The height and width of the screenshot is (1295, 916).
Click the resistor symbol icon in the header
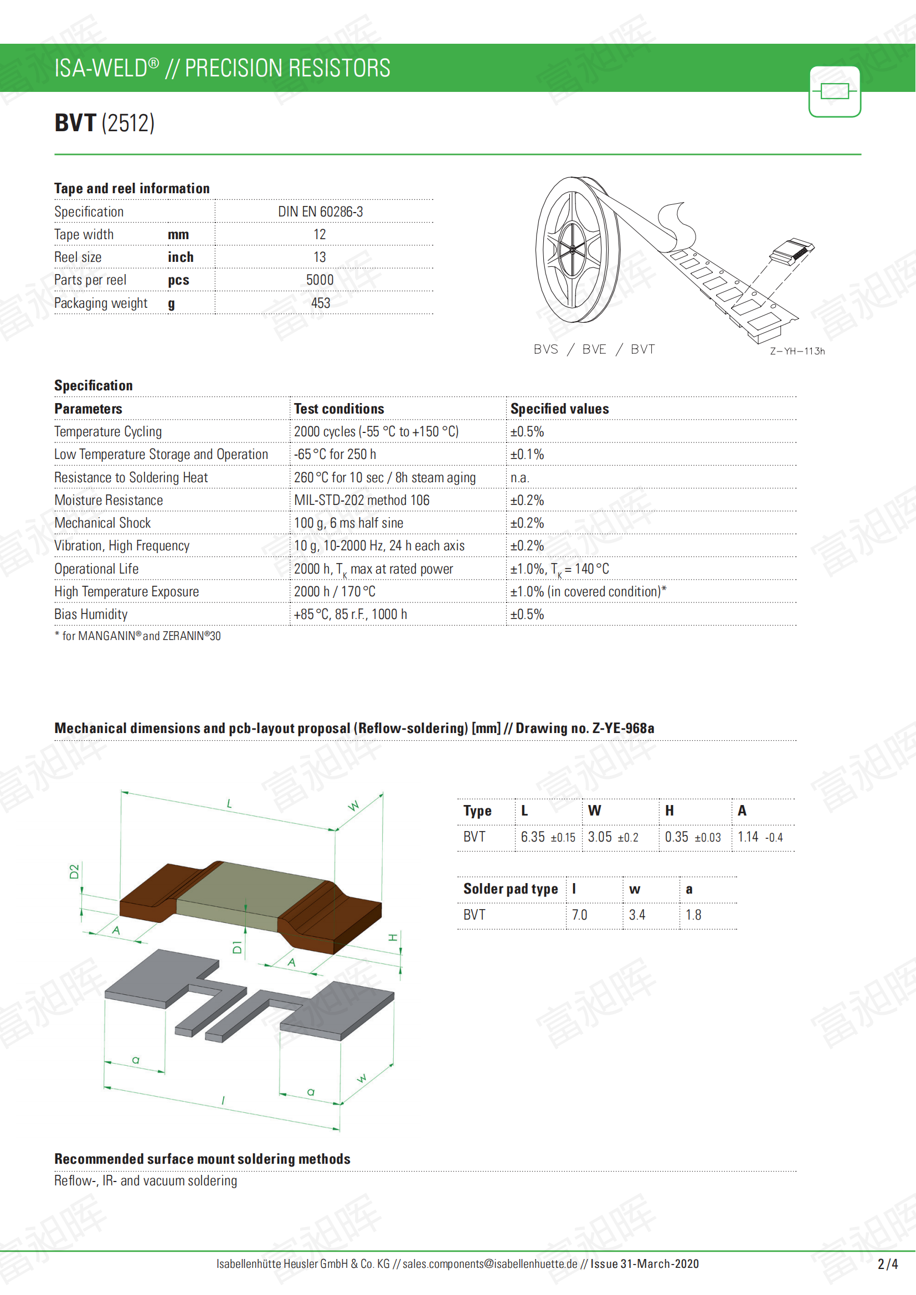click(x=834, y=91)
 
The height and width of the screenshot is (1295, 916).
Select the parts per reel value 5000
click(x=320, y=280)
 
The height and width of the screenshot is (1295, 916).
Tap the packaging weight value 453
click(x=320, y=303)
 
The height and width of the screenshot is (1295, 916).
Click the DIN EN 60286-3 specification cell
click(x=320, y=211)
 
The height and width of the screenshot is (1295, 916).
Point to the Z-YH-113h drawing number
click(x=797, y=351)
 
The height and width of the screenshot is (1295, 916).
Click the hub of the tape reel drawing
click(x=572, y=249)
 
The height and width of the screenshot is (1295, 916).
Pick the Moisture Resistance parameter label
click(x=109, y=501)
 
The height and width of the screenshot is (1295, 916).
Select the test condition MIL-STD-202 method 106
click(x=362, y=501)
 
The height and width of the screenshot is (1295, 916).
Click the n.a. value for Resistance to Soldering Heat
click(x=519, y=478)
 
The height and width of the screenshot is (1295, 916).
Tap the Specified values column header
click(x=559, y=409)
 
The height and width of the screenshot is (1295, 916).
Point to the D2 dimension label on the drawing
click(x=74, y=871)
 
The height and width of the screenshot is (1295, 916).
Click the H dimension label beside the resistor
click(x=393, y=937)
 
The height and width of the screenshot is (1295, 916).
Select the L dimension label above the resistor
click(x=230, y=803)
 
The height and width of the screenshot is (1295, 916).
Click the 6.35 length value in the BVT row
click(x=532, y=837)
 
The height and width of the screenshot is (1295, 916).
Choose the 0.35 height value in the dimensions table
click(x=676, y=837)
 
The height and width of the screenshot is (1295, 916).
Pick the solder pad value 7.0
click(x=579, y=915)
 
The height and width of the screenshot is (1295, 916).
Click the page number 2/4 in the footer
click(x=887, y=1264)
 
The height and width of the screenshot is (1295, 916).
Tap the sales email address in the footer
click(x=490, y=1263)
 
